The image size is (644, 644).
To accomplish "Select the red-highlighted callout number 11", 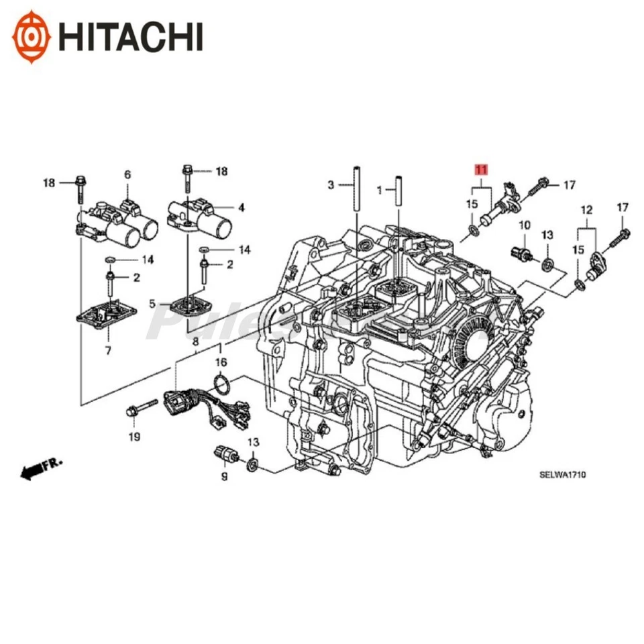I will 481,170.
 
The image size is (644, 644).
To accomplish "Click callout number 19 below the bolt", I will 133,437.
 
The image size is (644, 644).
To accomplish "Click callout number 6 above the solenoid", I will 127,174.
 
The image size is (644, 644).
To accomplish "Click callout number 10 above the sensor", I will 525,225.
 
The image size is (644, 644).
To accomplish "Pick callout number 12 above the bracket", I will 587,210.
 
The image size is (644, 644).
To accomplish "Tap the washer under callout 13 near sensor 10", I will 549,263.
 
